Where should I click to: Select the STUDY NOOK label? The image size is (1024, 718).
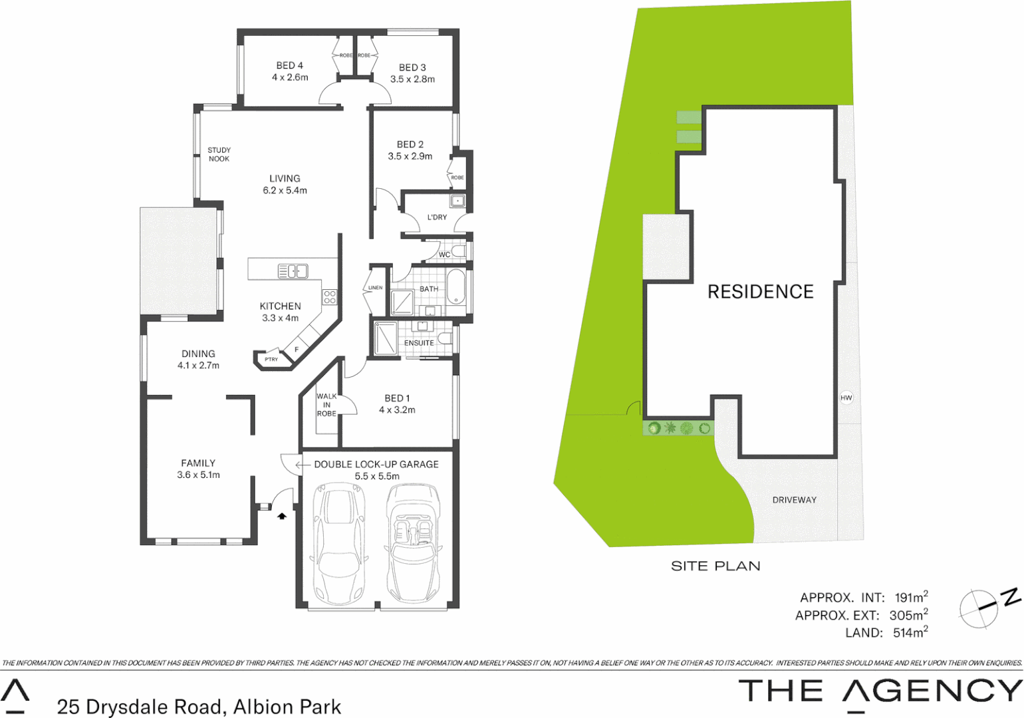point(219,154)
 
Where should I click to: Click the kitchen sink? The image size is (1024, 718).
point(293,271)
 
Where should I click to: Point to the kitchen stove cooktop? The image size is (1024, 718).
point(330,297)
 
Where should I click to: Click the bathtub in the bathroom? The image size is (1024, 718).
point(456,287)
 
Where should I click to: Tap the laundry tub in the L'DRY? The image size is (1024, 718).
point(457,201)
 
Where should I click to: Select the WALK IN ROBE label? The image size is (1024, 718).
point(326,405)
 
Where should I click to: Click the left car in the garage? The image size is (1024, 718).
point(339,541)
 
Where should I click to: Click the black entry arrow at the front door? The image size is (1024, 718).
point(282,515)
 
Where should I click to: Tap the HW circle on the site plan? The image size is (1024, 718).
point(846,398)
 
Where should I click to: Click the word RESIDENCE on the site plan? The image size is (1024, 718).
point(760,292)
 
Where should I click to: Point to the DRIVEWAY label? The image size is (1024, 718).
point(794,500)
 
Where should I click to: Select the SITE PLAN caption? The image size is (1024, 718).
point(715,566)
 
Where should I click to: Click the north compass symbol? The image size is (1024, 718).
point(982,607)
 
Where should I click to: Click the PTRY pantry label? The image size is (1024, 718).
point(271,360)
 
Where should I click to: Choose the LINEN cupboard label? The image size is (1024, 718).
point(375,288)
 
